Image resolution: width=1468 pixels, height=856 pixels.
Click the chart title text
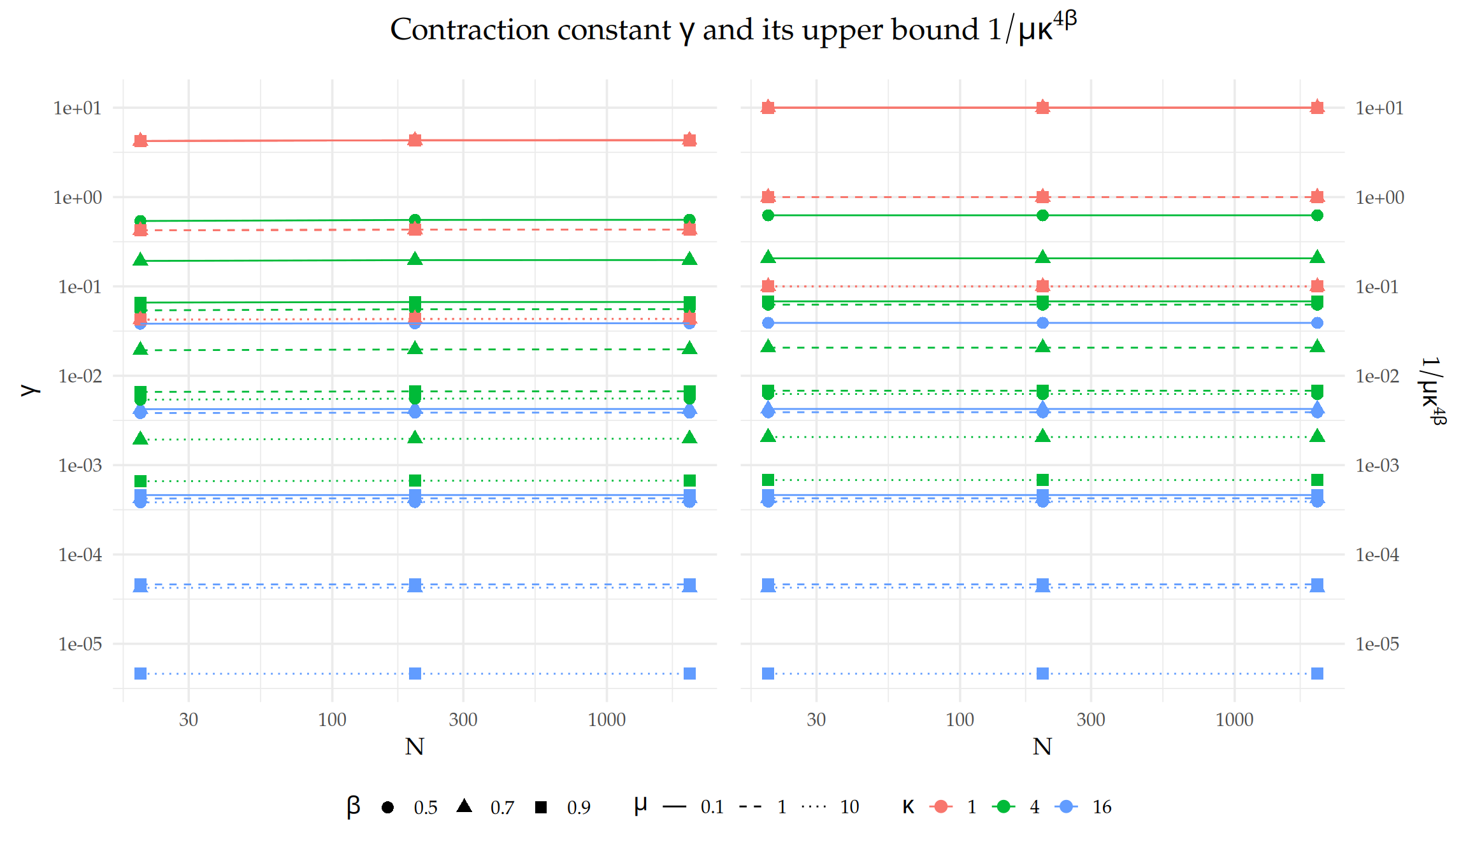pos(733,29)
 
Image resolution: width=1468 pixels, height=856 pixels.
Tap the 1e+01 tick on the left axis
pos(77,108)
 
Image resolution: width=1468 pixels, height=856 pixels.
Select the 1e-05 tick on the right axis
pos(1377,644)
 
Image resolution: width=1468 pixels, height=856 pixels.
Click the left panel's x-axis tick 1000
pos(606,720)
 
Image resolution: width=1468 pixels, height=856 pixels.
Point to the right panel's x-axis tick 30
pos(816,720)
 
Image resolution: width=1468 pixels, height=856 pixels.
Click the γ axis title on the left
pos(29,390)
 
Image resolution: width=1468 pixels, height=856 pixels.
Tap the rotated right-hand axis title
pos(1433,390)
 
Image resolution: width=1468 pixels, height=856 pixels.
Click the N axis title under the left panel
pos(414,746)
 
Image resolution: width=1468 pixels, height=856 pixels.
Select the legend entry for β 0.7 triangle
pos(464,807)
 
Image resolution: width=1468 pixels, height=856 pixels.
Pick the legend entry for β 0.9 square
pos(541,807)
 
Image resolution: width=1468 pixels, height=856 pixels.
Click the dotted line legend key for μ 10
pos(814,807)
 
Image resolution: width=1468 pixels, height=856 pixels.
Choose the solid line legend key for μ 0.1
pos(674,807)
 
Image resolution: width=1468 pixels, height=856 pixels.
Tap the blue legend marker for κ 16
pos(1066,807)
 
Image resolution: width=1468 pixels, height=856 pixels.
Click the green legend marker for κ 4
pos(1004,807)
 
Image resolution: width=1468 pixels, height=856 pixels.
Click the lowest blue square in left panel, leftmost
pos(141,673)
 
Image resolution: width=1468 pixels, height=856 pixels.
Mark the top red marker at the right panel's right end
pos(1317,108)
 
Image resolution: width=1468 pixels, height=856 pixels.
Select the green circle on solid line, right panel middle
pos(1042,215)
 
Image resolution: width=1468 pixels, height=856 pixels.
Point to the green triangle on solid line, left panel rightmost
pos(689,259)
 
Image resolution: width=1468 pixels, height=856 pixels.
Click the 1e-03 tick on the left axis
pos(80,466)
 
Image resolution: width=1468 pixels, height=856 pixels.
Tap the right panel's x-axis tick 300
pos(1090,720)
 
